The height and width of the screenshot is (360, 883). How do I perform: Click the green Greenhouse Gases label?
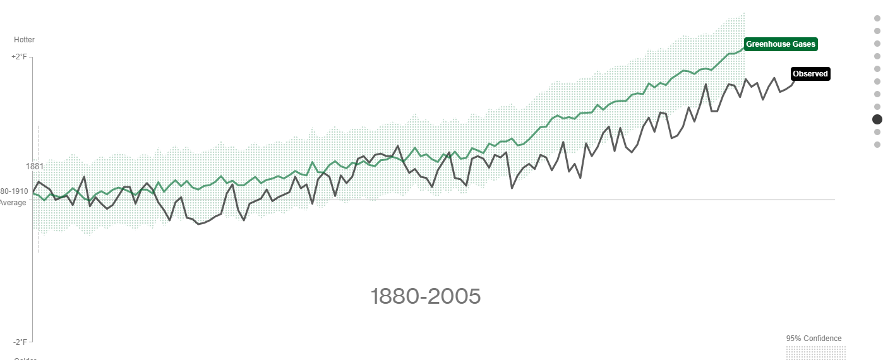pyautogui.click(x=781, y=44)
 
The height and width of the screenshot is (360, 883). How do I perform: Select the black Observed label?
pyautogui.click(x=810, y=74)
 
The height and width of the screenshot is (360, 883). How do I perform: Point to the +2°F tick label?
pyautogui.click(x=20, y=57)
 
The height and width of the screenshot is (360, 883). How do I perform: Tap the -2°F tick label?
pyautogui.click(x=20, y=342)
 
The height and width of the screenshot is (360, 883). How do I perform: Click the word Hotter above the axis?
pyautogui.click(x=24, y=40)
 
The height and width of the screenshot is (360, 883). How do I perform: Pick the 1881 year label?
pyautogui.click(x=34, y=166)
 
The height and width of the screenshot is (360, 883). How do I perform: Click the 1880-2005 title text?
pyautogui.click(x=426, y=296)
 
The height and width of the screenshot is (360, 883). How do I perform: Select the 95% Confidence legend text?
pyautogui.click(x=814, y=339)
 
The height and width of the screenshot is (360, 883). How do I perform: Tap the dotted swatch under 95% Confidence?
pyautogui.click(x=815, y=352)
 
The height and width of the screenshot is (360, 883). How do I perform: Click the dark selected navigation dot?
pyautogui.click(x=877, y=119)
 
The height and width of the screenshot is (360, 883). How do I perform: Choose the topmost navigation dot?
pyautogui.click(x=877, y=18)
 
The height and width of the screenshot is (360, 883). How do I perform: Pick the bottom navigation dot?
pyautogui.click(x=877, y=145)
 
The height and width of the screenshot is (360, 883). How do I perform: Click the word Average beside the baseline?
pyautogui.click(x=13, y=203)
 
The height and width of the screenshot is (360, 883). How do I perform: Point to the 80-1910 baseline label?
pyautogui.click(x=14, y=191)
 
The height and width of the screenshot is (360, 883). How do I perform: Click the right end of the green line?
pyautogui.click(x=744, y=47)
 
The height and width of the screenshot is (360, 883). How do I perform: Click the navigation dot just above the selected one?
pyautogui.click(x=877, y=107)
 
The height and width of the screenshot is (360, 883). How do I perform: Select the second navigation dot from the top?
pyautogui.click(x=877, y=31)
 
